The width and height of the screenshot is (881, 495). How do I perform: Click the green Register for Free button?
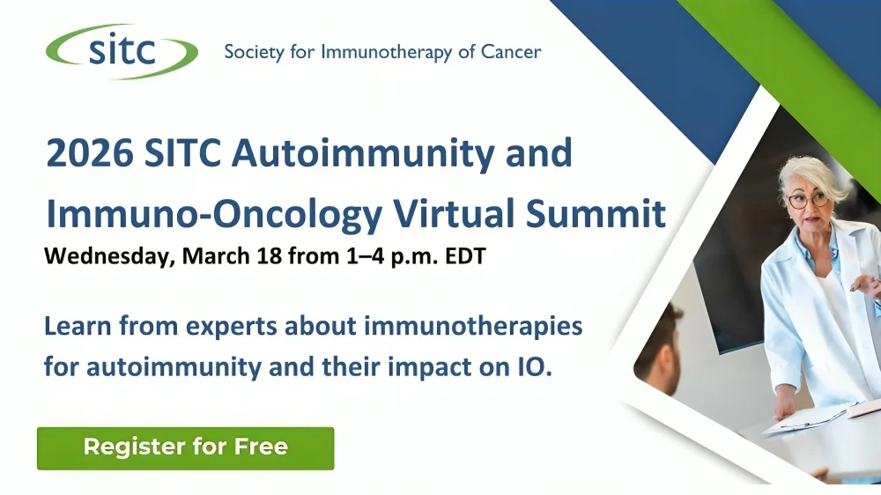click(x=185, y=447)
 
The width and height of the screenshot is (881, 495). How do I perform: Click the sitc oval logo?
click(x=122, y=50)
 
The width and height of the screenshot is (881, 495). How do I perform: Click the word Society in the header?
click(x=253, y=52)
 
